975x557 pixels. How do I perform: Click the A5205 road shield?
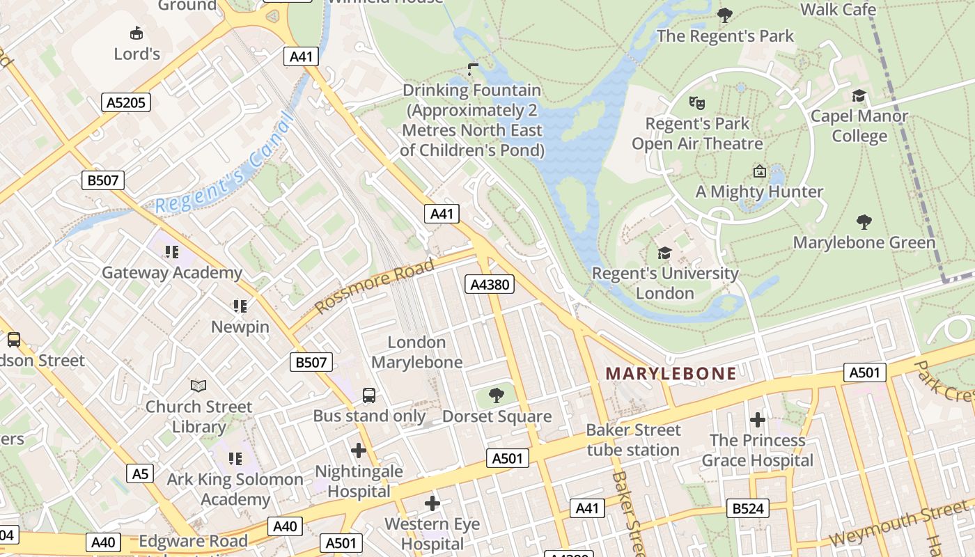126,103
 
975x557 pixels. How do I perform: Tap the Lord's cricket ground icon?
136,32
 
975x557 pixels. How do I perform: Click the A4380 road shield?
489,284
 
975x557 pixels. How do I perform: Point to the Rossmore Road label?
375,285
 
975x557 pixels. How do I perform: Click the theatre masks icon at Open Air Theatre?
696,103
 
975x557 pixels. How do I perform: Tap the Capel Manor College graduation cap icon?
859,95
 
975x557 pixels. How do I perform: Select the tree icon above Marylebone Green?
864,222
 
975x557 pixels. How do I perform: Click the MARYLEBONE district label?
670,373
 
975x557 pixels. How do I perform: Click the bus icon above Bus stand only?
369,395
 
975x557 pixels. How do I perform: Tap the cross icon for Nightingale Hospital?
359,450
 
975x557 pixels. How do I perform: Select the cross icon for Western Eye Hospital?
432,503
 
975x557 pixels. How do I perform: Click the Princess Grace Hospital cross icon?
757,420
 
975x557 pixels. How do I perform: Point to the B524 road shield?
748,509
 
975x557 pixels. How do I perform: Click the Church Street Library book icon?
198,385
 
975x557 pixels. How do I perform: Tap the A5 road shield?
141,474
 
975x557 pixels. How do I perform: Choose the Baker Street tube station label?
632,440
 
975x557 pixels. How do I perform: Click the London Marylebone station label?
416,352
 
